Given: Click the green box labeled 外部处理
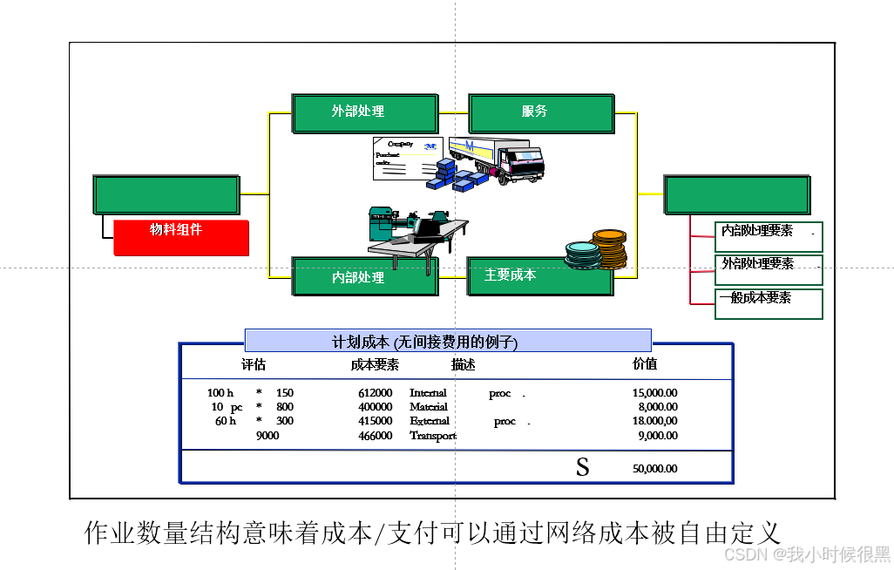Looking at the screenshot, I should coord(365,113).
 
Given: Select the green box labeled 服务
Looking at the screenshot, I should coord(540,113).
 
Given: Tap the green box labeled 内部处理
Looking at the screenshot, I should coord(365,276).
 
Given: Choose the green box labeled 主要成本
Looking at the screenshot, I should coord(538,275).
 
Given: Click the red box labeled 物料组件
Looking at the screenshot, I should coord(181,237).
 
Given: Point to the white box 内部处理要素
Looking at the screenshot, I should coord(768,236).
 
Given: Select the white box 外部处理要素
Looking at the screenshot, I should coord(768,269).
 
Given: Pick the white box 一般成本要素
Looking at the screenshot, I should coord(768,302).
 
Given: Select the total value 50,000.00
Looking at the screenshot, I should coord(654,469).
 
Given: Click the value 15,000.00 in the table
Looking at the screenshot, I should coord(654,393).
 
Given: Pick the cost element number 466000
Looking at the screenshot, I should coord(375,436).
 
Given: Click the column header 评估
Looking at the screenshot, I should coord(254,364).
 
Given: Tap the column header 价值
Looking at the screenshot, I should coord(645,363).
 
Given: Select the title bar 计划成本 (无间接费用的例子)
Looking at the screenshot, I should coord(448,341).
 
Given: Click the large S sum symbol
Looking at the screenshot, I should coord(582,467).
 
